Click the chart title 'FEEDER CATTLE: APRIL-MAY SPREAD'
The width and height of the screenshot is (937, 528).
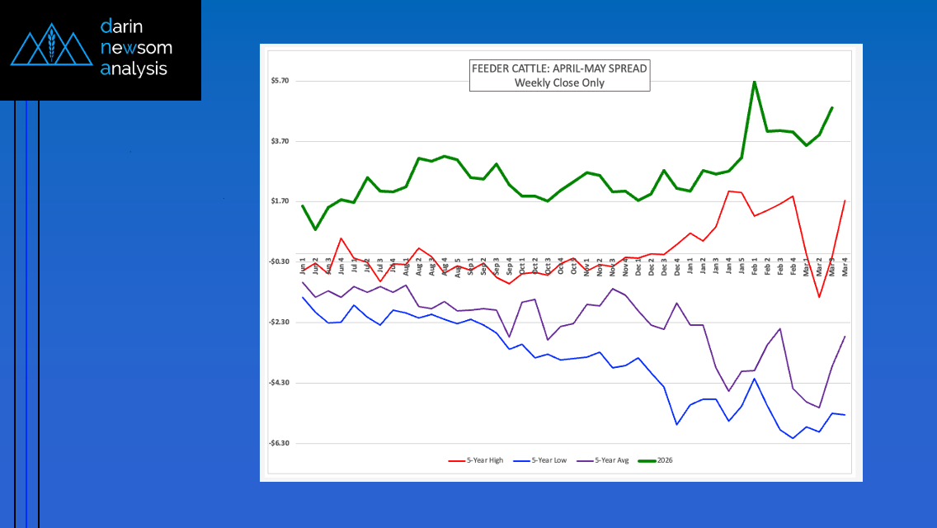coord(559,68)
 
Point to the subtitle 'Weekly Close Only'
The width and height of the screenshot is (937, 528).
coord(559,82)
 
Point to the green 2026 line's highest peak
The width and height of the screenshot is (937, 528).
coord(755,82)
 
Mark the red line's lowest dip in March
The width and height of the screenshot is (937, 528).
coord(819,297)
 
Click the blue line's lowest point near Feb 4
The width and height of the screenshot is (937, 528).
coord(793,438)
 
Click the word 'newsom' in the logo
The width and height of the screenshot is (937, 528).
coord(136,48)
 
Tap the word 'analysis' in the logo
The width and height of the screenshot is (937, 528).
coord(134,68)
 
